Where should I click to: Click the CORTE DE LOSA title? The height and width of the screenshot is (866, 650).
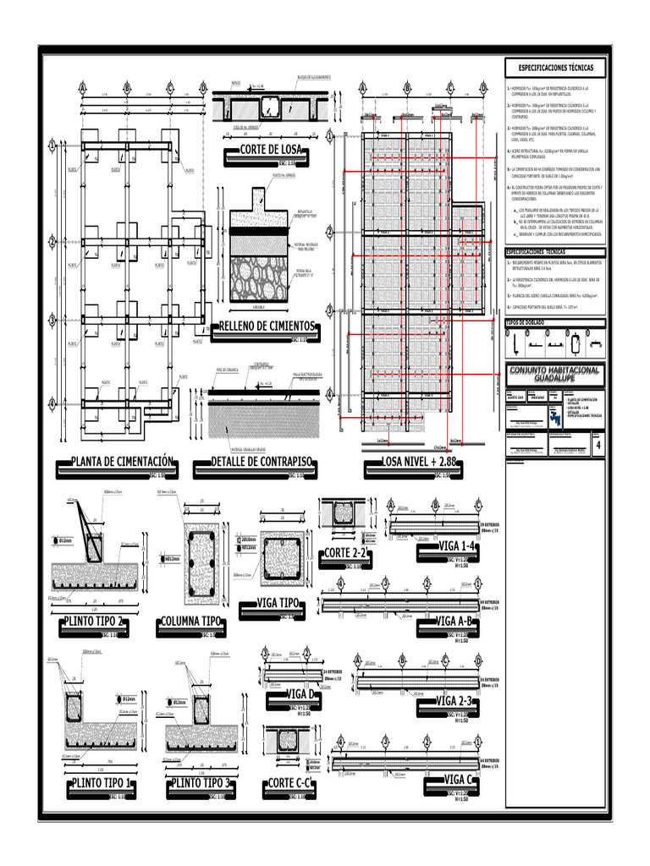coord(266,151)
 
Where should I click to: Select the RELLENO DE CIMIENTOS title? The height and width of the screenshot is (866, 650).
coord(267,326)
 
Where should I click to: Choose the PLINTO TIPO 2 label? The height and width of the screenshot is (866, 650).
coord(96,623)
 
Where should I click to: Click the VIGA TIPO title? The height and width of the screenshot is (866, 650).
coord(278,603)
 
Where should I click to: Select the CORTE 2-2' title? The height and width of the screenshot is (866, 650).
coord(347,554)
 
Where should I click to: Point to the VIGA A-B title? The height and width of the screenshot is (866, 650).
coord(455,622)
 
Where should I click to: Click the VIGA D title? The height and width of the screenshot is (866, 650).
coord(301,694)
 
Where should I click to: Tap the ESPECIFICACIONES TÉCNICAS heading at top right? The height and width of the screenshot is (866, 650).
coord(555,67)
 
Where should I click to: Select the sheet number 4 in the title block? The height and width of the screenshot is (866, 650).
coord(600,446)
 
